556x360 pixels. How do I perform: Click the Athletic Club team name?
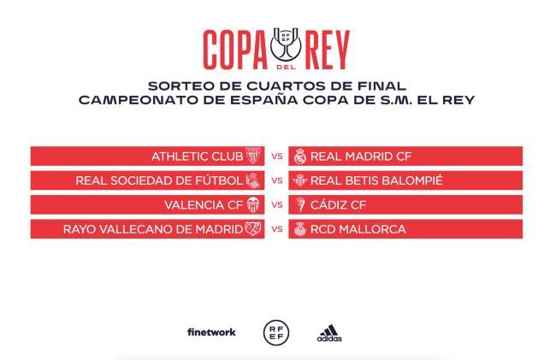[x=197, y=156]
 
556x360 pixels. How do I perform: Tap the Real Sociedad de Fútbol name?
[x=159, y=180]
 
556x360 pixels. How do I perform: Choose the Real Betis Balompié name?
[x=376, y=180]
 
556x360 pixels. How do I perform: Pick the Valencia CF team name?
[x=204, y=205]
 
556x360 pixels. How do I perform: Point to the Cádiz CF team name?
[x=338, y=205]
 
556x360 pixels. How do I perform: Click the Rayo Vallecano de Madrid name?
[x=152, y=229]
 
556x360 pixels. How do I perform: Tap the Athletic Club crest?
[x=252, y=156]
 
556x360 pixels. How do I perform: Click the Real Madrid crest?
[x=299, y=156]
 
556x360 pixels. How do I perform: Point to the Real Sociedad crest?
[x=252, y=180]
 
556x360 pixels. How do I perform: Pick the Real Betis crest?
[x=299, y=180]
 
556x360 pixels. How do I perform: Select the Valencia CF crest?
[x=252, y=205]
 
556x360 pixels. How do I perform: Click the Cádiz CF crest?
[x=299, y=205]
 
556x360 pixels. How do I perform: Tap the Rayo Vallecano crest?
[x=252, y=229]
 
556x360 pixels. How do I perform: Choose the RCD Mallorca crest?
[x=299, y=229]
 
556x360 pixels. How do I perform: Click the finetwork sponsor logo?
[x=211, y=332]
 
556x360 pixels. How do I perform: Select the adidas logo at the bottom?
[x=329, y=333]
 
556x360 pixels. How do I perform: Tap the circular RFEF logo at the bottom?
[x=276, y=332]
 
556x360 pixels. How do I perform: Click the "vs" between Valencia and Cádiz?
[x=276, y=205]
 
